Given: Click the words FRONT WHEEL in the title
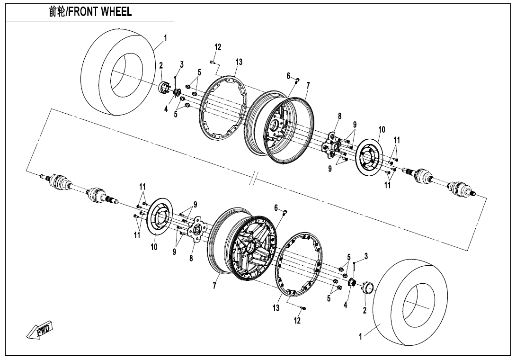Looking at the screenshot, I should (100, 12).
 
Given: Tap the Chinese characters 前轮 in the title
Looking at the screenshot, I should (57, 12).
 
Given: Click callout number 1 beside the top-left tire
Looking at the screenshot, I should (165, 37).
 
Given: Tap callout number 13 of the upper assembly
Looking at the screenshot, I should (239, 62).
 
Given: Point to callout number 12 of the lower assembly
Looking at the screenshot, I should (297, 321).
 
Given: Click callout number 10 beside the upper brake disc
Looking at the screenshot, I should (382, 129).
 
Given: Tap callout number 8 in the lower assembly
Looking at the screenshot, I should (191, 258).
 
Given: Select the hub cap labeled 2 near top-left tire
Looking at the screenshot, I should (165, 88).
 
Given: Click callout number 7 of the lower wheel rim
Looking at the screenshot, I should (214, 286).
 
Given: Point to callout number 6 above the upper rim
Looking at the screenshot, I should (288, 76).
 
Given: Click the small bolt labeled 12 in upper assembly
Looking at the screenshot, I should (213, 61).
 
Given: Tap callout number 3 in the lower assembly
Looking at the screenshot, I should (365, 256).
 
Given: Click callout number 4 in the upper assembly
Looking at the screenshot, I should (166, 109).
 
